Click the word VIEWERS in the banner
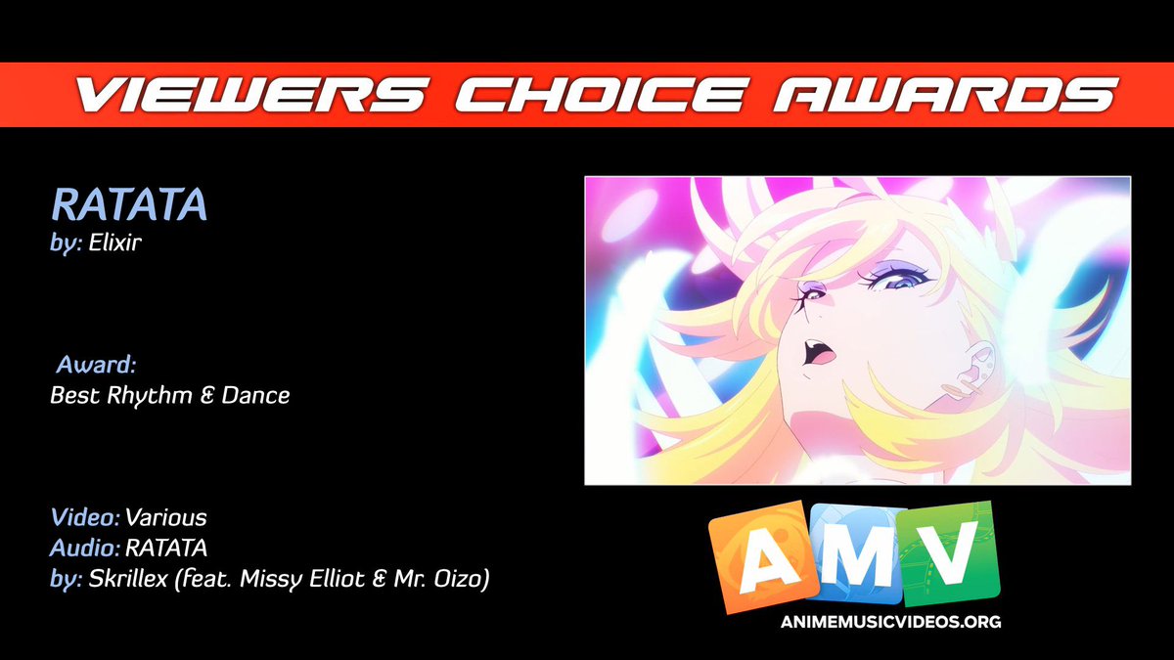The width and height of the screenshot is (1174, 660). [x=250, y=96]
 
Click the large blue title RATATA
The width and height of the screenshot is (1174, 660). [x=129, y=206]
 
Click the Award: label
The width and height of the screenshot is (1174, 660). [x=96, y=366]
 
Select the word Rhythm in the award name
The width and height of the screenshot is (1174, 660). [x=149, y=396]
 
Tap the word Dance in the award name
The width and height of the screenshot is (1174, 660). [x=255, y=396]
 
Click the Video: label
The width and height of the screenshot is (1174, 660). [x=85, y=516]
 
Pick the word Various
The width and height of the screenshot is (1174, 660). [x=166, y=516]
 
